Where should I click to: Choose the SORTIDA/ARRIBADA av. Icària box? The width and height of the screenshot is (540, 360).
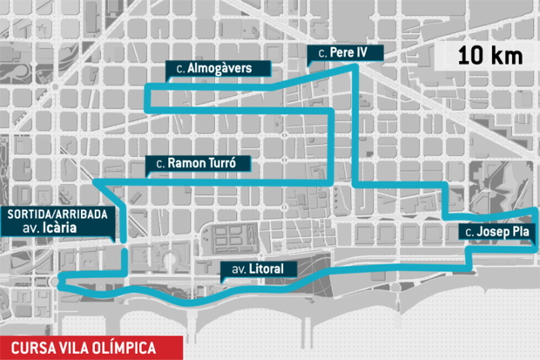[x=57, y=222]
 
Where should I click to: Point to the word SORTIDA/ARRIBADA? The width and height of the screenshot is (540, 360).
[x=57, y=213]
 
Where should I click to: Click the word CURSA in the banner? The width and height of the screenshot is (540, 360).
[x=30, y=347]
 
